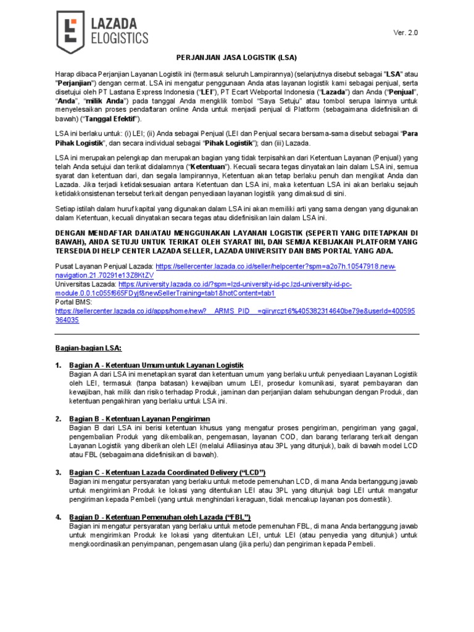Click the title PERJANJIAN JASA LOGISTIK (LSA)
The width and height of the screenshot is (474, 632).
[x=237, y=57]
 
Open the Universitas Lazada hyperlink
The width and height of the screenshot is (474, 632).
[x=235, y=284]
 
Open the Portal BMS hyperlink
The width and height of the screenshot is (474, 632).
[x=235, y=312]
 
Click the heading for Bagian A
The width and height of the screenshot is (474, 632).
[x=157, y=365]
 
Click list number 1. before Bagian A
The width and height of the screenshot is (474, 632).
[x=58, y=365]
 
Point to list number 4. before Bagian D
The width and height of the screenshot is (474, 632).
[x=58, y=517]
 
